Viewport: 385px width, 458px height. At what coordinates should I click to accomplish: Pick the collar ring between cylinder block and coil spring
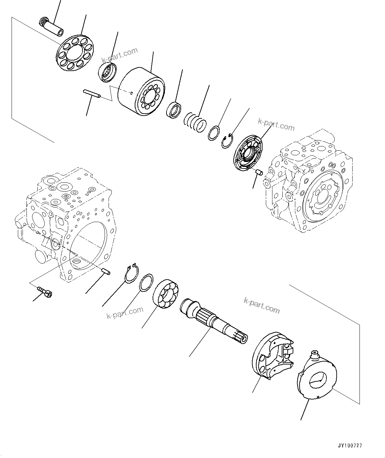click(x=174, y=110)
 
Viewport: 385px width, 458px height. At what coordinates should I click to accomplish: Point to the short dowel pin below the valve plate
click(x=259, y=172)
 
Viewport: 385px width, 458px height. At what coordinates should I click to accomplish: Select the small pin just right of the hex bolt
click(x=106, y=271)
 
